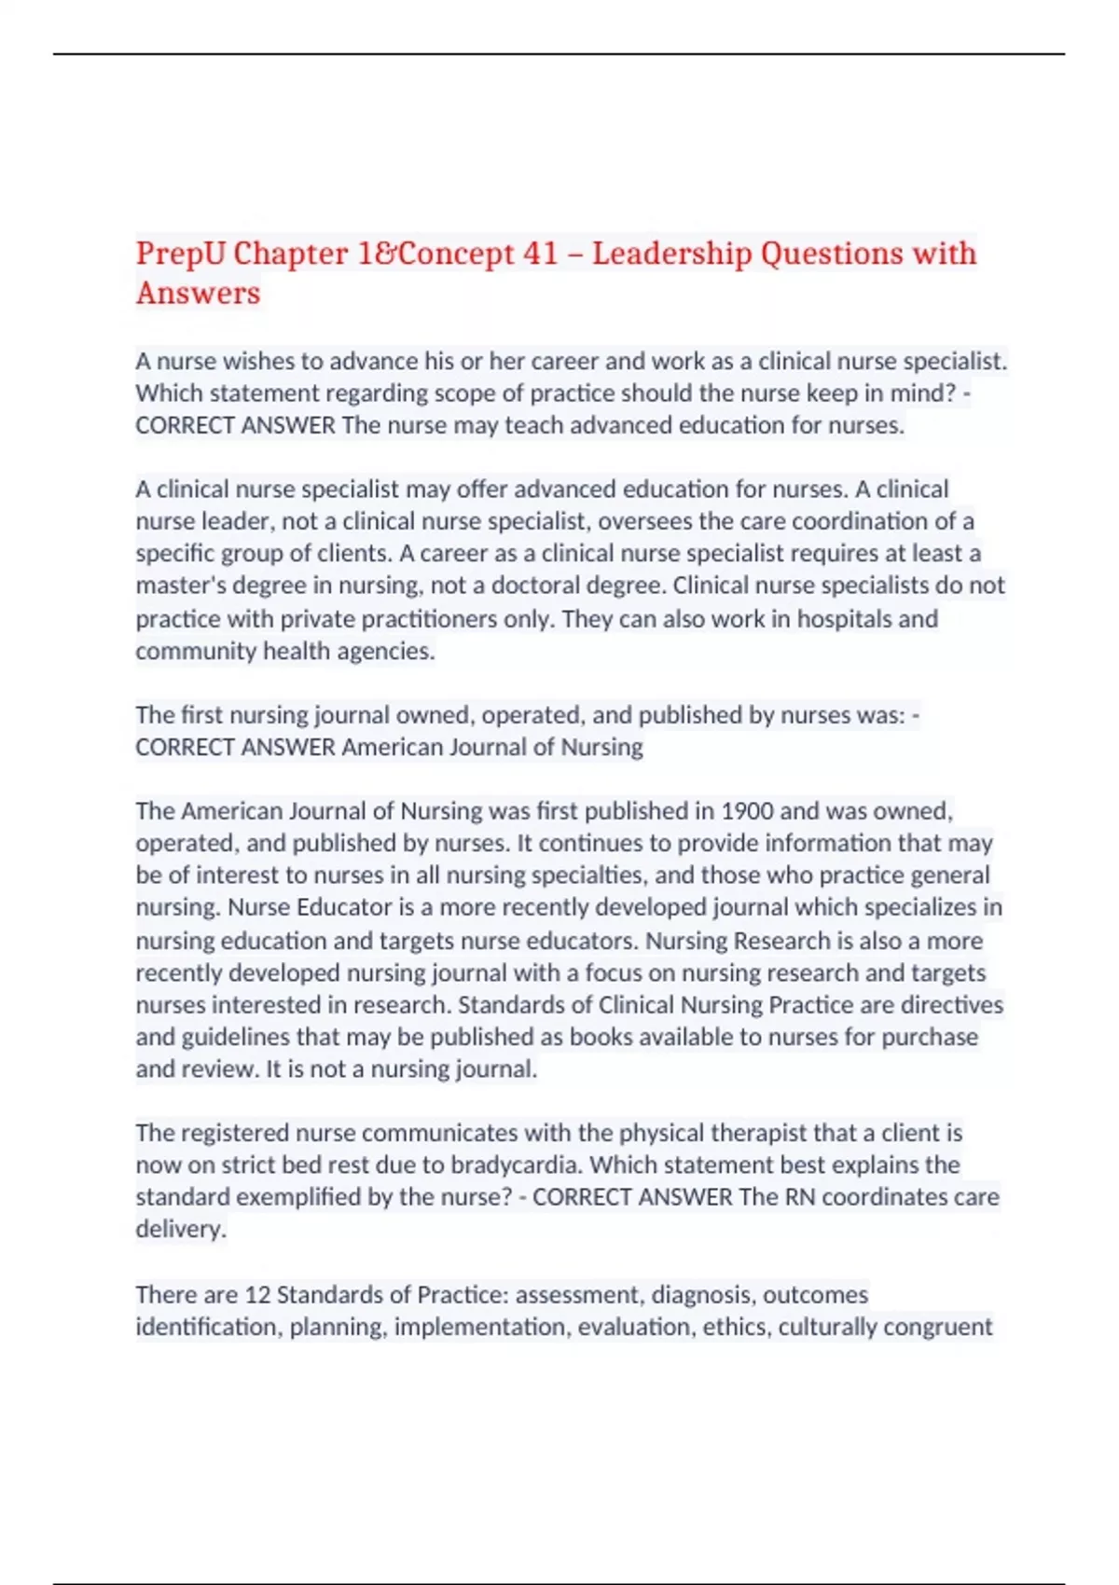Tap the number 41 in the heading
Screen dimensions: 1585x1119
[541, 253]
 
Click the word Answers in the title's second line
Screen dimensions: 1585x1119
[198, 293]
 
